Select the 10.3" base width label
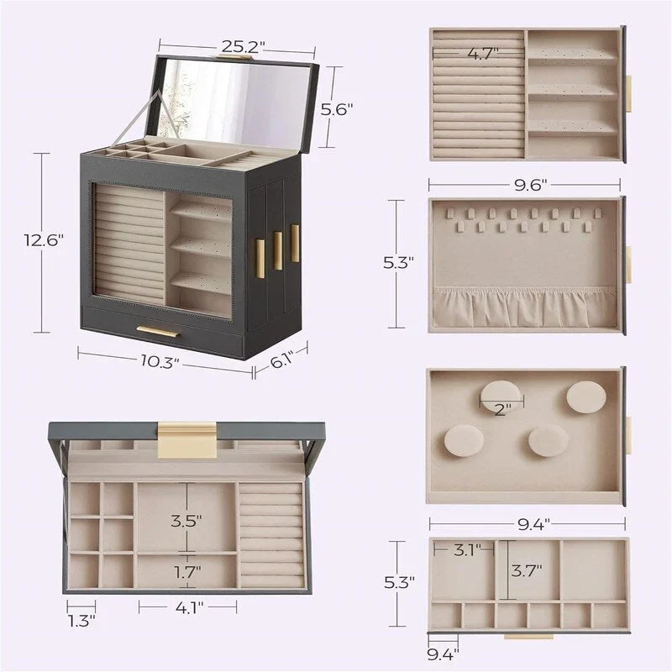click(160, 361)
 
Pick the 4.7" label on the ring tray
click(483, 54)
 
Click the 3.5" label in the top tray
click(186, 520)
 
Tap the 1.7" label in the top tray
click(186, 572)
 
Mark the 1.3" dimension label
click(81, 621)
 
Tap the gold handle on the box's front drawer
click(158, 331)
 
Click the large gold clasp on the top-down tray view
click(187, 439)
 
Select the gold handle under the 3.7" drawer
click(528, 637)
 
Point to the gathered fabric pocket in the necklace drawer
click(524, 307)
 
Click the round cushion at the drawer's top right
click(585, 396)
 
